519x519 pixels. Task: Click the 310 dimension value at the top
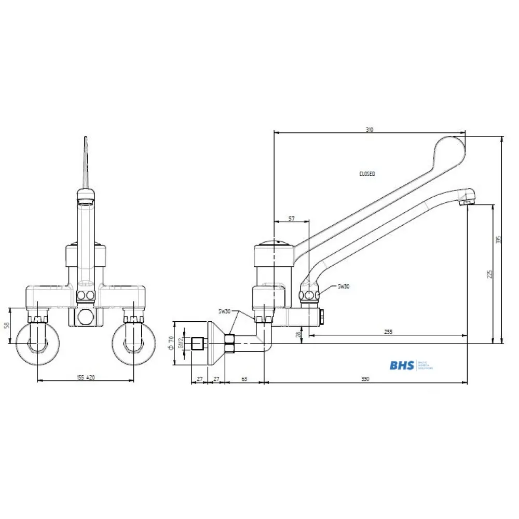pos(369,130)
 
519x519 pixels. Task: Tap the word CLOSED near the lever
pos(367,174)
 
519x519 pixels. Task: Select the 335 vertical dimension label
pos(499,240)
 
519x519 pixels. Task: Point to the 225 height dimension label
pos(490,274)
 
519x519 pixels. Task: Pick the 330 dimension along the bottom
pos(365,379)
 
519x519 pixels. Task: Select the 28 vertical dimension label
pos(298,335)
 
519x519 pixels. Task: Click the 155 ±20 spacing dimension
pos(86,378)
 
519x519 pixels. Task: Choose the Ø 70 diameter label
pos(171,343)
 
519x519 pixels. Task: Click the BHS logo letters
pos(402,365)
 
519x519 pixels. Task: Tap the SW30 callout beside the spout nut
pos(344,286)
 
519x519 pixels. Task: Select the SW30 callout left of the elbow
pos(225,311)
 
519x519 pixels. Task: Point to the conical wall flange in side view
pos(214,343)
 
